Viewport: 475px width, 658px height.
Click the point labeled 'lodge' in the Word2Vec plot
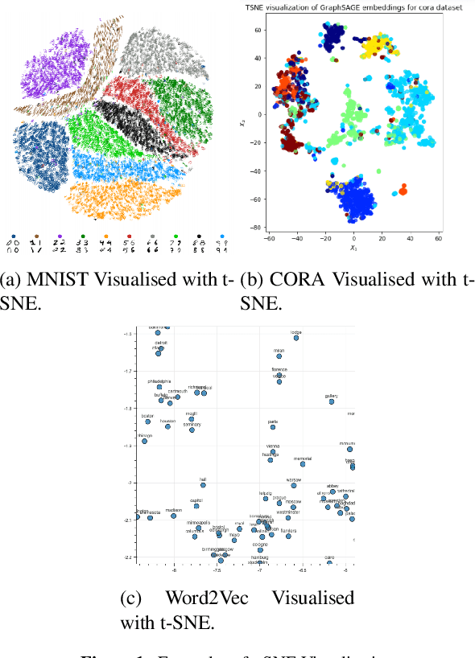point(296,338)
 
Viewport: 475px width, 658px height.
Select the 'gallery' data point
point(332,401)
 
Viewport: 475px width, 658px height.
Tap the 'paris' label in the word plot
point(272,421)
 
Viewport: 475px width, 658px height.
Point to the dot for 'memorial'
point(303,464)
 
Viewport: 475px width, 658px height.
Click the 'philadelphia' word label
point(159,380)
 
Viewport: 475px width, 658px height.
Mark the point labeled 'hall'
point(204,485)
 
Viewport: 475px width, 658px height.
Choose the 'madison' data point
point(173,516)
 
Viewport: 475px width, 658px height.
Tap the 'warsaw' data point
point(294,485)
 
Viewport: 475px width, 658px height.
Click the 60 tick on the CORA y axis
point(259,30)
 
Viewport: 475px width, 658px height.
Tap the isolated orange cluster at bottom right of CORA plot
point(403,189)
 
